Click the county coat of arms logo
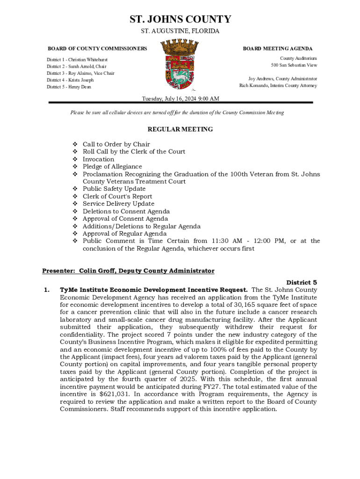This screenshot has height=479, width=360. (x=180, y=65)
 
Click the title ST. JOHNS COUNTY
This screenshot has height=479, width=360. (x=180, y=19)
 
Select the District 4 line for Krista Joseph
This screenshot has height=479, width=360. (x=70, y=80)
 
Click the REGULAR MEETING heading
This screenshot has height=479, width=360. (x=180, y=129)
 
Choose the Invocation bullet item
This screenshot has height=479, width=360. (x=98, y=159)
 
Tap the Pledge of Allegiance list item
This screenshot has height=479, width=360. (x=112, y=167)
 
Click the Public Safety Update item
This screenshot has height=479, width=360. (x=114, y=189)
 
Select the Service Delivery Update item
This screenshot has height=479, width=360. (x=118, y=204)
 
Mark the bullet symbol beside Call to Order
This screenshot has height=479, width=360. (x=74, y=144)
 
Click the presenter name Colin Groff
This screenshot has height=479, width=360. (x=97, y=271)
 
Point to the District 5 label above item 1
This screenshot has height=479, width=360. (x=302, y=283)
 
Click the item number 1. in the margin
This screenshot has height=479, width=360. (x=47, y=290)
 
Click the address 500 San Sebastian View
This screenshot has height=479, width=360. (x=294, y=65)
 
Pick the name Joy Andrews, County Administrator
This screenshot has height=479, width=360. (x=282, y=79)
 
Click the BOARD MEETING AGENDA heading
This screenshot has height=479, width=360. (x=277, y=49)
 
